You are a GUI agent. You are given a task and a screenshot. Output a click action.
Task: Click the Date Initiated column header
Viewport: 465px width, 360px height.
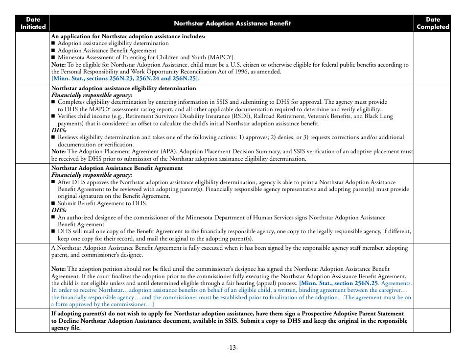coord(33,23)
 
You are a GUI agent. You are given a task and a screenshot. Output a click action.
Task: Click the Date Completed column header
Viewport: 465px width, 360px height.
coord(432,23)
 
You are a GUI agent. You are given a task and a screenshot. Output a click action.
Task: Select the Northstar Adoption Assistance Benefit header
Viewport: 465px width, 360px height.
coord(232,23)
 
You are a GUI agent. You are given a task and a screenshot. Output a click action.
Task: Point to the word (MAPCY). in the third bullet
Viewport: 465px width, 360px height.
coord(222,57)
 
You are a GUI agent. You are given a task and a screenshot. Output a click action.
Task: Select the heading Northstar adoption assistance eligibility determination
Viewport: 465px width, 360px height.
coord(123,88)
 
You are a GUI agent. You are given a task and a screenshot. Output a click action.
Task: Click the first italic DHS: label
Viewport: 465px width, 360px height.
coord(59,131)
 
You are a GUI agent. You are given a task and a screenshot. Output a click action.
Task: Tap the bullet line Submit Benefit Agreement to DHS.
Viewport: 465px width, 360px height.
coord(102,203)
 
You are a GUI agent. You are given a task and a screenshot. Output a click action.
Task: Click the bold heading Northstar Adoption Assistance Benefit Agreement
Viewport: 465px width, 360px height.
coord(117,168)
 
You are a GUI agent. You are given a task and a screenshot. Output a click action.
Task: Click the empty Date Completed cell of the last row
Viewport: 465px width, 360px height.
coord(432,320)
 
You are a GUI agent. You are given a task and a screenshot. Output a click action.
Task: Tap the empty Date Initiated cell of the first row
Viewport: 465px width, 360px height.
coord(33,57)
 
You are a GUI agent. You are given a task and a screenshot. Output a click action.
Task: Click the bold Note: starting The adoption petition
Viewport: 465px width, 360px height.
coord(58,269)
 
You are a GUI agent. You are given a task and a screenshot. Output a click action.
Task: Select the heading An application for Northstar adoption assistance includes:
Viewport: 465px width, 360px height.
coord(128,36)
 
